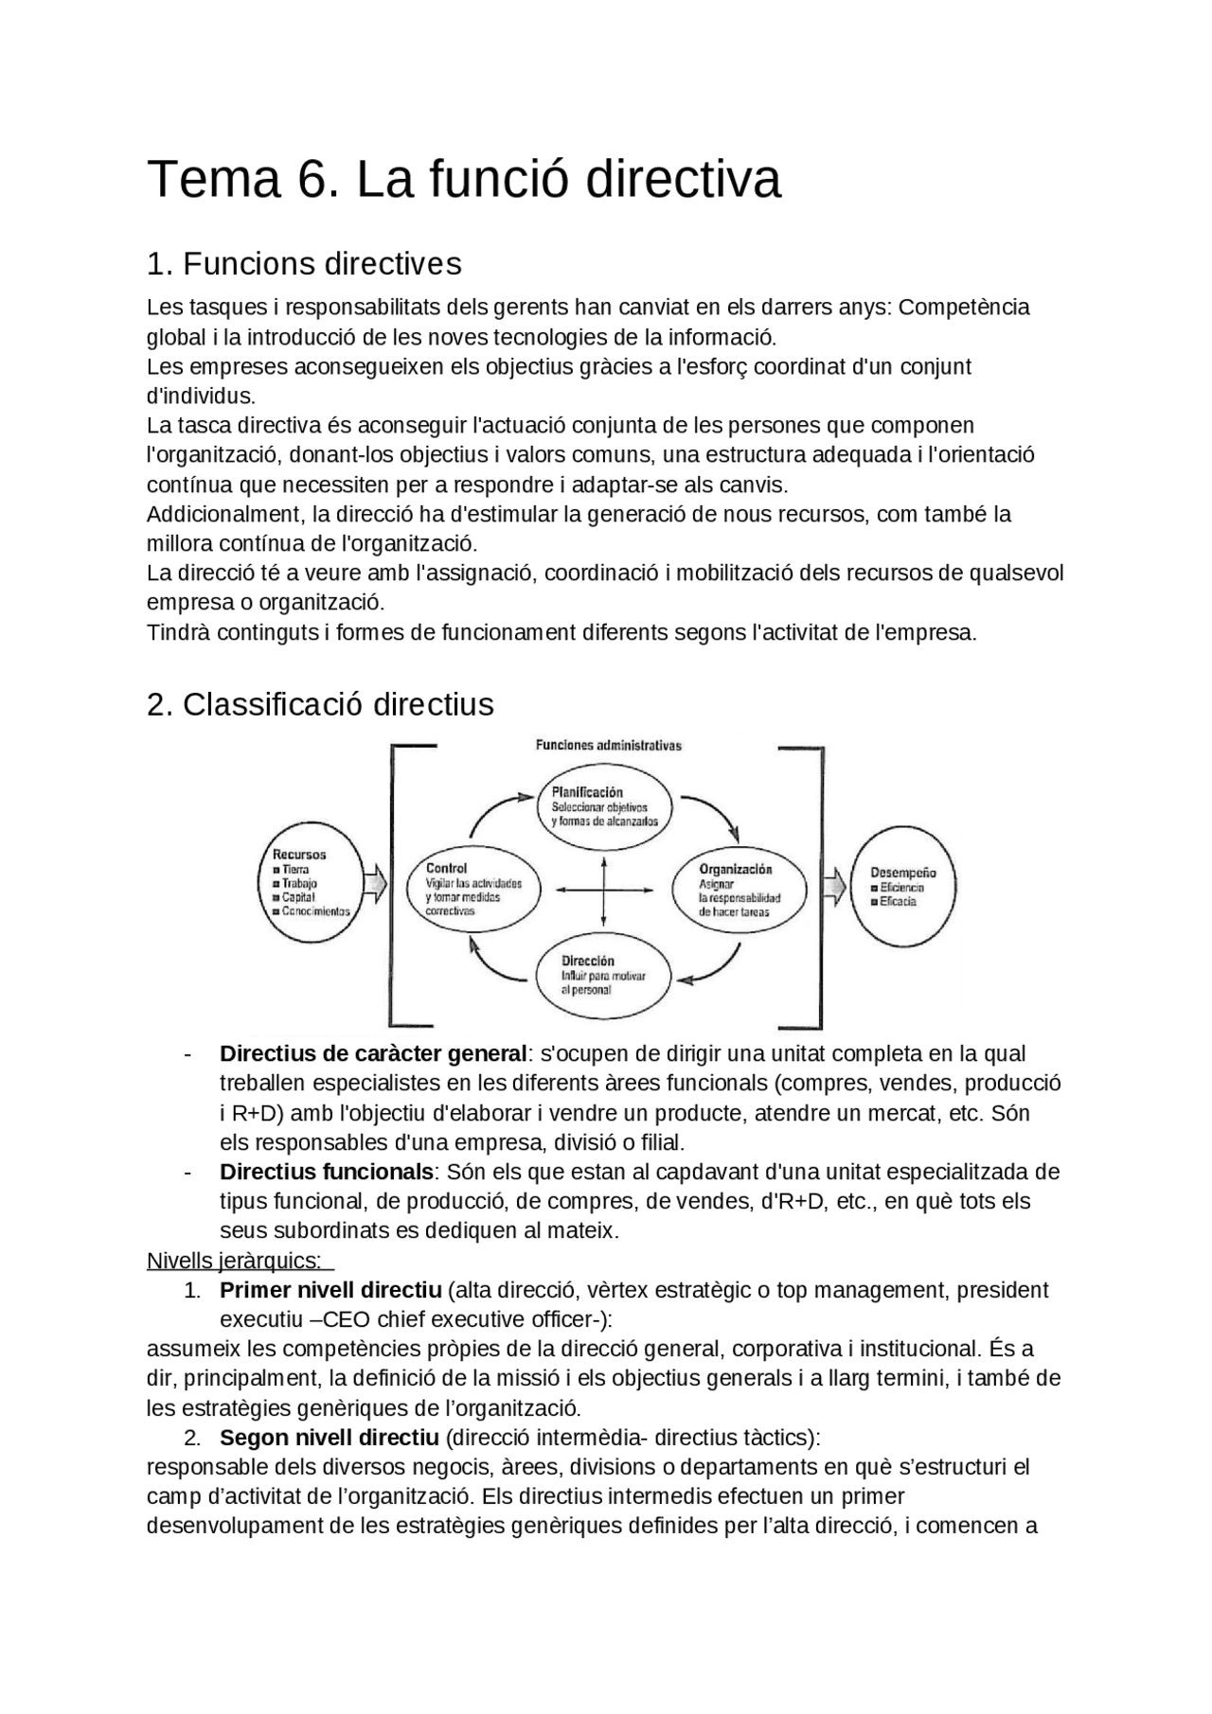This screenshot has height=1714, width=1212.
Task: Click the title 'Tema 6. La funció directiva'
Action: (463, 179)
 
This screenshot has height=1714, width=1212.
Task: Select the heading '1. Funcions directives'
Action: (304, 263)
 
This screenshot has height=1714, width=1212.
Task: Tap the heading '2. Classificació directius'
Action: (320, 704)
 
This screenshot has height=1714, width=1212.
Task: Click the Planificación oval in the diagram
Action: (605, 807)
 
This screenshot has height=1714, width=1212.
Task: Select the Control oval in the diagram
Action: (474, 889)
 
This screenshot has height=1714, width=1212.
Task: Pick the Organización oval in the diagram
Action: (739, 890)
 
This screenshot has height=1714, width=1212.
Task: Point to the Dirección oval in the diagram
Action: (604, 975)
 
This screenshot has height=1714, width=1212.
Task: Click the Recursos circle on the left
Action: (312, 886)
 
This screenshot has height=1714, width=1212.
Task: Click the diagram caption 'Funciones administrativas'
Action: (609, 745)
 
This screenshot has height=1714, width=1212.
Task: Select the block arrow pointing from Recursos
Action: (375, 885)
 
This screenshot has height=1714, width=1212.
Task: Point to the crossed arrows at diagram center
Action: (604, 890)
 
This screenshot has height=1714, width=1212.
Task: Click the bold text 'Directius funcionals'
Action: (326, 1172)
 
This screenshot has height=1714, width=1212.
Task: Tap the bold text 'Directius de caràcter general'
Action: (372, 1053)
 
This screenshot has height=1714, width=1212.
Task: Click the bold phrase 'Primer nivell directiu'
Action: (330, 1290)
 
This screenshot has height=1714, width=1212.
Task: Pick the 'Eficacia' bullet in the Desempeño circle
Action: (897, 902)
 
